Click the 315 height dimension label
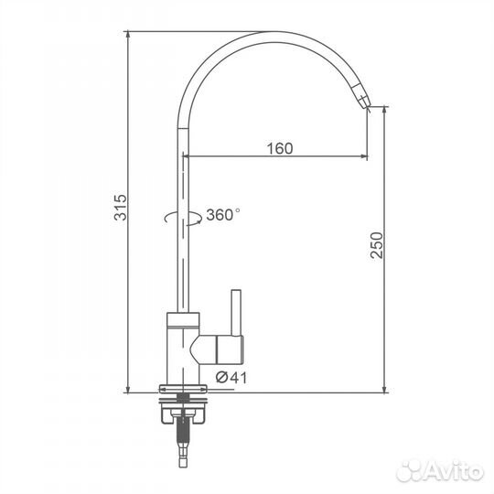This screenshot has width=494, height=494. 121,208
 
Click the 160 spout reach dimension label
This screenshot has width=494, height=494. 280,148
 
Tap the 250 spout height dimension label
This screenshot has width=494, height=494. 377,245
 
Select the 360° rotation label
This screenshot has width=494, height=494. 222,215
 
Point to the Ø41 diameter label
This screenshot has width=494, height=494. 231,378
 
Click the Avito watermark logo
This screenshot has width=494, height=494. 440,472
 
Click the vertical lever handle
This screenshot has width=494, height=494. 236,313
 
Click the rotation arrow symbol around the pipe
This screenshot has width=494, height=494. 183,218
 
